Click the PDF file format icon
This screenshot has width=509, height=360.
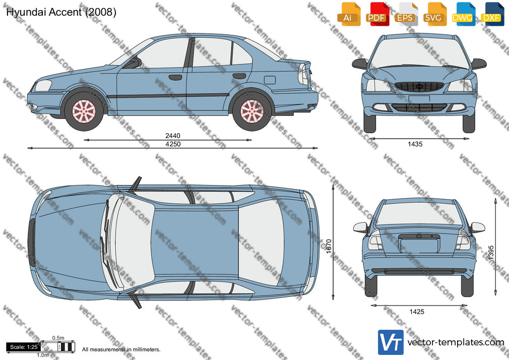tap(377, 14)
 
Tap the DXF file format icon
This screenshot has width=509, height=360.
tap(492, 14)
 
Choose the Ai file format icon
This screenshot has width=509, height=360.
tap(349, 14)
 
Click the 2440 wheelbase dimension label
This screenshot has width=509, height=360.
tap(173, 136)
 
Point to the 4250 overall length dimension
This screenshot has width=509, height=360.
tap(173, 144)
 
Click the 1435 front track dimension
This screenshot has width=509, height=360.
tap(415, 144)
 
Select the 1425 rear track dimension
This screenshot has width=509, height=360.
tap(416, 312)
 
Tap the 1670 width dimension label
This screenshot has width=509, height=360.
tap(329, 246)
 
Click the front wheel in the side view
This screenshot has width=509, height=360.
tap(84, 111)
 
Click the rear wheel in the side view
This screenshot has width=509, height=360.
tap(252, 111)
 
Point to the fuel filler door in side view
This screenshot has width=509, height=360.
tap(270, 80)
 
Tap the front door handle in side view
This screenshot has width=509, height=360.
tap(175, 77)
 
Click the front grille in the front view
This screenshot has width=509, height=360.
tap(419, 87)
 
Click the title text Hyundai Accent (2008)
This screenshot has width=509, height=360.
tap(61, 12)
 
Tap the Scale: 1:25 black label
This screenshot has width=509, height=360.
tap(24, 347)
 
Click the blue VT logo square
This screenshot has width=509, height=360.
tap(391, 342)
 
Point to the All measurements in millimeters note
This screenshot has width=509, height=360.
tap(121, 349)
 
